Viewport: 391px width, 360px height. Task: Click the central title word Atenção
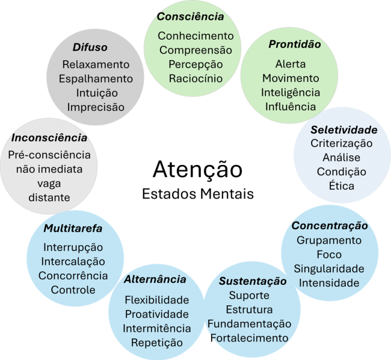(x=197, y=170)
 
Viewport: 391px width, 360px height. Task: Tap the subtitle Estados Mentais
(x=198, y=194)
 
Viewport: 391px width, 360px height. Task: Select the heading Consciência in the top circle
(x=190, y=17)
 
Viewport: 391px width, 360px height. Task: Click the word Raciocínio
(x=195, y=78)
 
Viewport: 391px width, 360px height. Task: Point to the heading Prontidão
(x=295, y=44)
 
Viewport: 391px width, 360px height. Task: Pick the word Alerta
(x=291, y=64)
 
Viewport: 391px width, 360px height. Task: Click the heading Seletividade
(x=344, y=129)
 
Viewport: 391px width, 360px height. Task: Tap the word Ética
(x=342, y=185)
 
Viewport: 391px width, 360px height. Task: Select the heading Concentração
(x=330, y=226)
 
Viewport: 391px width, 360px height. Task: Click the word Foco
(x=329, y=255)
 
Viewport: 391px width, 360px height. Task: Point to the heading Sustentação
(x=253, y=281)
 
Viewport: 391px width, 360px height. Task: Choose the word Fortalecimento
(x=250, y=338)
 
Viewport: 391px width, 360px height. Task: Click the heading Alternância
(x=155, y=279)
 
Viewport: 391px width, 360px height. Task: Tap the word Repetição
(x=157, y=343)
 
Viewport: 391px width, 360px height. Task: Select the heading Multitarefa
(x=73, y=228)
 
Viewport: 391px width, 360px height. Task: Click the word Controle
(x=73, y=290)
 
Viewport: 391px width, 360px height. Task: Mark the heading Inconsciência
(x=49, y=138)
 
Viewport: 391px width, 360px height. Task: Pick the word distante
(x=49, y=197)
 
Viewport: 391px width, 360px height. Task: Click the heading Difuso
(x=90, y=47)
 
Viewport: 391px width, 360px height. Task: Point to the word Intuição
(x=97, y=93)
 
